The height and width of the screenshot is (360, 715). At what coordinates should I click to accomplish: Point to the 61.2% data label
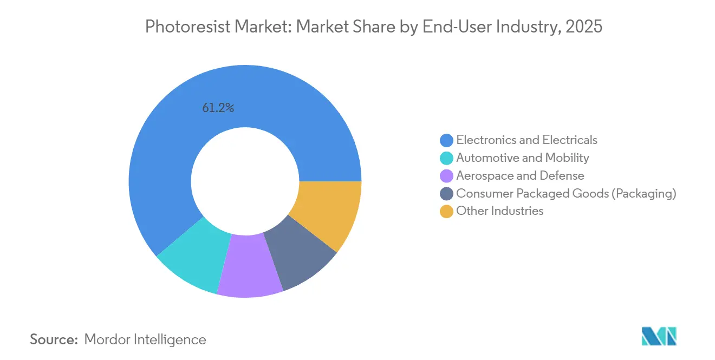click(x=218, y=108)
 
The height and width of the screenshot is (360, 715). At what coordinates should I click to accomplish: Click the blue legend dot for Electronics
click(x=446, y=140)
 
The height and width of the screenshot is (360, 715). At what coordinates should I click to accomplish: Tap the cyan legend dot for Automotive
click(x=446, y=158)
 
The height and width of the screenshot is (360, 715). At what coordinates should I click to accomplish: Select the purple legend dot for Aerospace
click(x=446, y=176)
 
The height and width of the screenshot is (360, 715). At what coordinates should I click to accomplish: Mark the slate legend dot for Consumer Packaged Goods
click(x=446, y=194)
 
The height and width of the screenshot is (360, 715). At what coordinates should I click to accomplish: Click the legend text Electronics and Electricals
click(x=526, y=140)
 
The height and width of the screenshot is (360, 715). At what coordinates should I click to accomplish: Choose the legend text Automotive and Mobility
click(x=522, y=158)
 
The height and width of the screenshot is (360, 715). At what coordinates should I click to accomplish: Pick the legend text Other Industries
click(x=499, y=211)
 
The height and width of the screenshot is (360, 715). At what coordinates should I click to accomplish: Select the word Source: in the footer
click(x=54, y=339)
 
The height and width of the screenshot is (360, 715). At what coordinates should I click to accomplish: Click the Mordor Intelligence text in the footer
click(x=145, y=339)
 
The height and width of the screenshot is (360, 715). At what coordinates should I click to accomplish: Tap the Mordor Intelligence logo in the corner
click(x=659, y=336)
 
